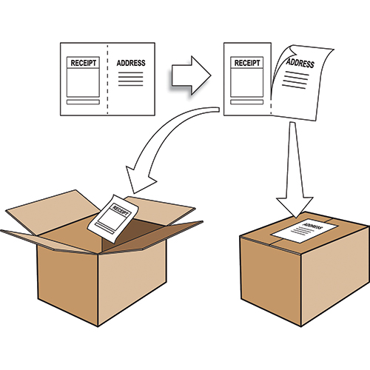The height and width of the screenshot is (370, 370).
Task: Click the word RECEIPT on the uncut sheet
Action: pos(84,63)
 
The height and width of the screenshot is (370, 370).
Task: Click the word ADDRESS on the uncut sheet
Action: pos(131,63)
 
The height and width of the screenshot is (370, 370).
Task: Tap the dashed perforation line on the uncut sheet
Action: pos(107,79)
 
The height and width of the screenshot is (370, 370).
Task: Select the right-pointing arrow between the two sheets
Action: pos(191,75)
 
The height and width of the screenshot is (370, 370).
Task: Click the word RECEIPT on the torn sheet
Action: pos(247,63)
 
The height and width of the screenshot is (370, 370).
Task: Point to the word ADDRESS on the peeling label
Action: pos(300,64)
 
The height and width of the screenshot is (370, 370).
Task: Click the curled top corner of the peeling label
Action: pos(293,50)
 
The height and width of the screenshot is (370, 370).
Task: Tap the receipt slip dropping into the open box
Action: pos(113,218)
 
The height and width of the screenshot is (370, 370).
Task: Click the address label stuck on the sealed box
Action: pos(304,230)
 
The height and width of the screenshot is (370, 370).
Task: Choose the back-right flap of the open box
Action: pos(161,209)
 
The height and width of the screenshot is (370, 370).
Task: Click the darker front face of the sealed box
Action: pos(271,279)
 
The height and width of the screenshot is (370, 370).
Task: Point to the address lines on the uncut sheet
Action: pos(131,79)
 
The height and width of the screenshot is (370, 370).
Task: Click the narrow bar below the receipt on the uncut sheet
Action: pos(83,102)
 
